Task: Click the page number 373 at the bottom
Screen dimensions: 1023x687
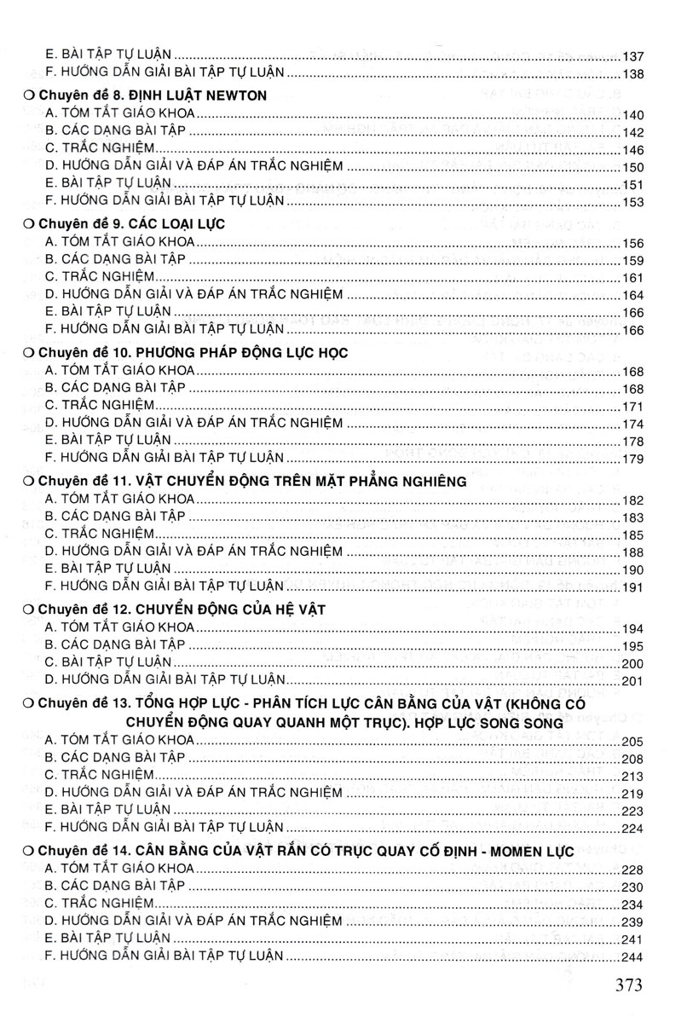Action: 639,986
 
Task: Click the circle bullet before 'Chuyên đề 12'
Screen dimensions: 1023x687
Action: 29,609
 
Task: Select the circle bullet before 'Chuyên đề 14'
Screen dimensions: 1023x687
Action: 29,850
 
